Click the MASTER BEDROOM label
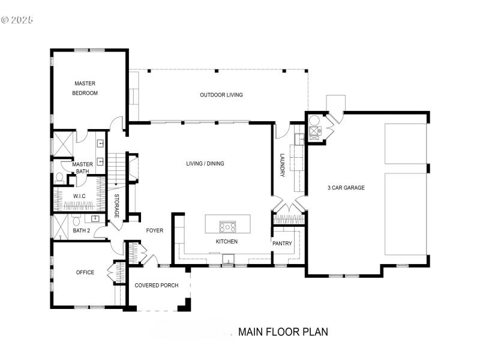85,88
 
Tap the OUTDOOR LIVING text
221,95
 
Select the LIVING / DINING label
205,163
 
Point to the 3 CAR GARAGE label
346,188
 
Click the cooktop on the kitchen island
228,226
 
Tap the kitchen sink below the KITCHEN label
228,260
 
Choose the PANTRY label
282,244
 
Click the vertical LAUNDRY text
282,165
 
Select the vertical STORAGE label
116,206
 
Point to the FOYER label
154,230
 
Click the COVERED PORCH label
156,285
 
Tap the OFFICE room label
85,272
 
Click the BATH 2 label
81,230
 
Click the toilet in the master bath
59,178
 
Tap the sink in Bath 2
95,218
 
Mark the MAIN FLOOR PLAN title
283,332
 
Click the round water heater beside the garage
314,119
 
